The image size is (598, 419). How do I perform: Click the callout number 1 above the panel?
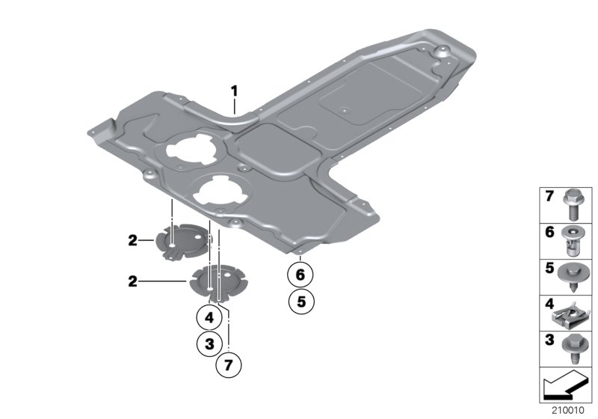[x=234, y=91]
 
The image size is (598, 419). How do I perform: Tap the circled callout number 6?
[x=300, y=275]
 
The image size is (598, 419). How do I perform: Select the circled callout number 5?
[x=300, y=302]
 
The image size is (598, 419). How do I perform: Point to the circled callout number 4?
[x=210, y=317]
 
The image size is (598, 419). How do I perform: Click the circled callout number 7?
[x=229, y=366]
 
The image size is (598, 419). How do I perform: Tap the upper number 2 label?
[x=132, y=240]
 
